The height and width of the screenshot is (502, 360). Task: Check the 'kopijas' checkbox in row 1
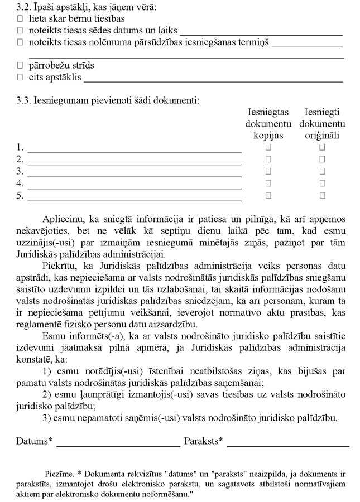268,147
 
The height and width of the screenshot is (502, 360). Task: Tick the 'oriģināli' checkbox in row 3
322,171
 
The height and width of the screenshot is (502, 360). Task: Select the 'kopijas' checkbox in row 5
268,195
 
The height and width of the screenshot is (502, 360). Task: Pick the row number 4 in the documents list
20,184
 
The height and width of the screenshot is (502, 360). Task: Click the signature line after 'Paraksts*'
288,446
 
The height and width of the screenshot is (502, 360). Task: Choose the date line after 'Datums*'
118,446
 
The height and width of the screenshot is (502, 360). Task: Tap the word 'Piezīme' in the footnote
59,474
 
